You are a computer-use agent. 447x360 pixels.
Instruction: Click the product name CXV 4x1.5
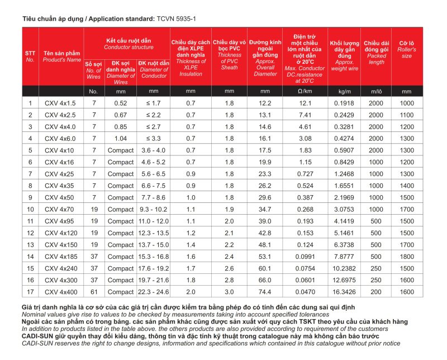[58, 103]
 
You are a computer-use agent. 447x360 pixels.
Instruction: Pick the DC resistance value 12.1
[305, 103]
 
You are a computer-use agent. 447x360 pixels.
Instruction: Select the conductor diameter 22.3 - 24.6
[154, 291]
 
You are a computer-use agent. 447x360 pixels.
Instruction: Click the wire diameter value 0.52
[121, 103]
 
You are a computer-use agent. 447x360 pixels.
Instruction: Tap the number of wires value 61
[94, 291]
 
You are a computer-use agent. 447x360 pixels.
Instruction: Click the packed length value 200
[376, 291]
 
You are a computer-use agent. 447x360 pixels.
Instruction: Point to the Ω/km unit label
[305, 91]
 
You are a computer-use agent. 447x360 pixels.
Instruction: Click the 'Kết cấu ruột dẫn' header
[127, 41]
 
